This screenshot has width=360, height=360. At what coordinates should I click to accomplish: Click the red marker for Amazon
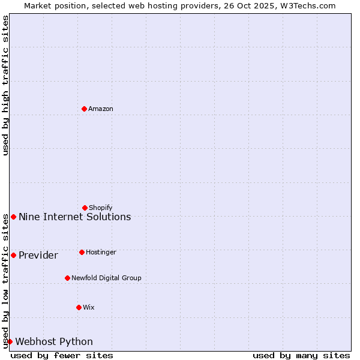click(84, 109)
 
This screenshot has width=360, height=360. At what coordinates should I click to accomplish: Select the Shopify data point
click(85, 208)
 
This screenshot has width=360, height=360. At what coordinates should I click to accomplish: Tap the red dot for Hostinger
click(82, 252)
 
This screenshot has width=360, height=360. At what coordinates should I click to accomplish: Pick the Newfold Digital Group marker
click(67, 278)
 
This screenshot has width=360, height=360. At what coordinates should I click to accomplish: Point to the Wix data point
click(79, 307)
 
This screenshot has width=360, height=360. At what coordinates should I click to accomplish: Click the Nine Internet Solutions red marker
click(13, 217)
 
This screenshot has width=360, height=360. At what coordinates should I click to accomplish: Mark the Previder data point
click(13, 255)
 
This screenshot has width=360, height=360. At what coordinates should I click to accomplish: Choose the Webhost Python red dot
click(10, 341)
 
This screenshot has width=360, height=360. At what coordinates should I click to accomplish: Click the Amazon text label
click(101, 109)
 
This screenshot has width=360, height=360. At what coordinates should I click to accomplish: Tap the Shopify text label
click(101, 208)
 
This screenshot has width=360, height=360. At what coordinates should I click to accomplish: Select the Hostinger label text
click(101, 252)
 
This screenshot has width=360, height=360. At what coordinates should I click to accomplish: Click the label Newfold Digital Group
click(107, 278)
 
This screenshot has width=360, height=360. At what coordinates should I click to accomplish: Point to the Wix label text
click(89, 307)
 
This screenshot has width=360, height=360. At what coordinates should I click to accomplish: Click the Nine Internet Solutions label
click(75, 217)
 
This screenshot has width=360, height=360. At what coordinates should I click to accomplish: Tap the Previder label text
click(38, 255)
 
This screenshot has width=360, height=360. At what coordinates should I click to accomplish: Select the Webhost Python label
click(54, 341)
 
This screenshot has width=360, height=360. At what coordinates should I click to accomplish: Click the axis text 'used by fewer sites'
click(62, 355)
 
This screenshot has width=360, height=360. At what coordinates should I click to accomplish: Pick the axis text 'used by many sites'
click(301, 355)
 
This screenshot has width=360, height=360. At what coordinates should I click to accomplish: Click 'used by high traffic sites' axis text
click(5, 85)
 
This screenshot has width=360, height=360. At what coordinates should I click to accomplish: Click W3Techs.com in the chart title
click(307, 5)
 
